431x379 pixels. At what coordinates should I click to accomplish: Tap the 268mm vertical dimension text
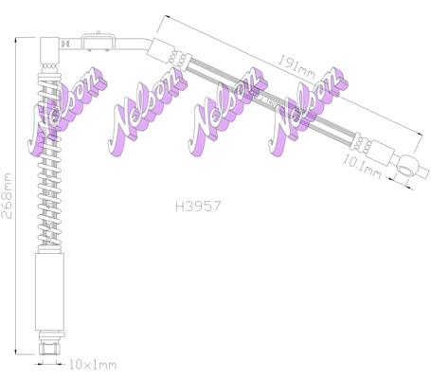point(8,195)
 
